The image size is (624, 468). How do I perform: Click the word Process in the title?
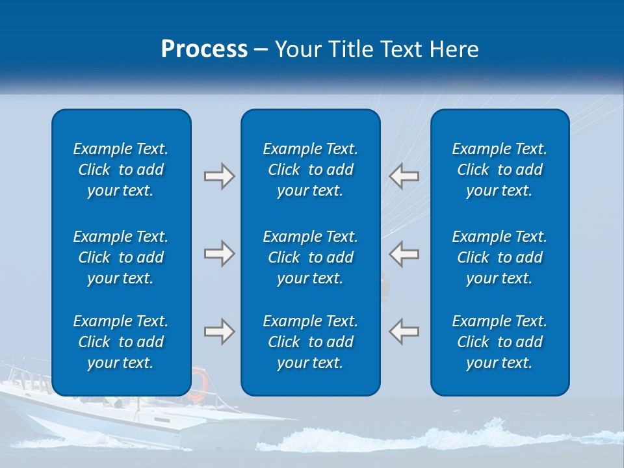click(x=204, y=49)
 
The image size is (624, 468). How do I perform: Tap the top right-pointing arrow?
click(x=219, y=176)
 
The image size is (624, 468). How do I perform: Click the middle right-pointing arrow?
click(x=219, y=253)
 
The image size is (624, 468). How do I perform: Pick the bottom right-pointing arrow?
click(x=219, y=331)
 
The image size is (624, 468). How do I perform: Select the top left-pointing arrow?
click(x=404, y=176)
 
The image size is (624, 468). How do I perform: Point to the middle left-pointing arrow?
click(x=404, y=253)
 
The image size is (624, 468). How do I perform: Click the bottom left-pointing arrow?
click(x=404, y=331)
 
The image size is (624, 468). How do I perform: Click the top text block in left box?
click(x=121, y=170)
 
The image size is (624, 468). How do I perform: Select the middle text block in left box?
click(x=121, y=257)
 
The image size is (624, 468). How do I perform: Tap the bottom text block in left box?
click(x=121, y=342)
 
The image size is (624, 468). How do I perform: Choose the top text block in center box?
click(x=310, y=170)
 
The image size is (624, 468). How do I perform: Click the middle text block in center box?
click(x=310, y=257)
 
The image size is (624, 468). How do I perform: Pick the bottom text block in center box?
click(x=310, y=342)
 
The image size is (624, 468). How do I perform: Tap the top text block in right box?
click(x=499, y=170)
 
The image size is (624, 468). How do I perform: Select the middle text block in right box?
click(x=499, y=257)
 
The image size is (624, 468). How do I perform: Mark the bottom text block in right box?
click(x=499, y=342)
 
